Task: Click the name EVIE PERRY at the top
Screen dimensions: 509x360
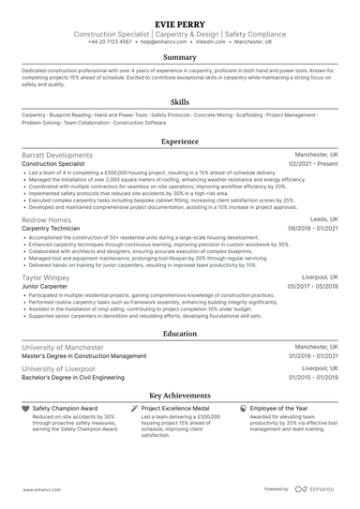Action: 179,17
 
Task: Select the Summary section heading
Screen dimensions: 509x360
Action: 179,57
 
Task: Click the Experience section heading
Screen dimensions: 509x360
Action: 179,141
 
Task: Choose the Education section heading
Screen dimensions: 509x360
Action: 179,333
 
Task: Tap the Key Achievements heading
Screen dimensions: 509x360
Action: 179,397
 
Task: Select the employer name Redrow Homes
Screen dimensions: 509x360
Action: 46,219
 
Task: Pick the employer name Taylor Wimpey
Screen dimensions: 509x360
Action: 45,277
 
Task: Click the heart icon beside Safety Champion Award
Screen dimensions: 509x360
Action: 24,410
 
